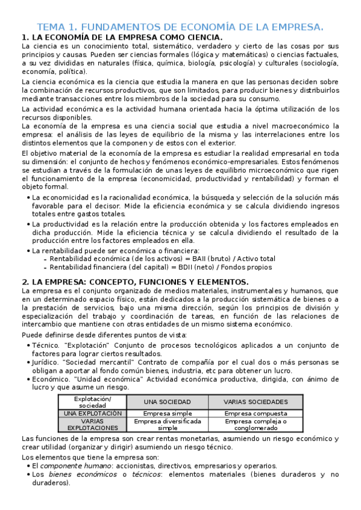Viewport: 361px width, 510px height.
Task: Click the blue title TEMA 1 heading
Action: [x=180, y=27]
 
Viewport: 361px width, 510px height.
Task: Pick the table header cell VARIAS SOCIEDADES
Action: [x=256, y=402]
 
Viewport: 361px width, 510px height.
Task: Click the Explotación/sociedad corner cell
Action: [x=92, y=402]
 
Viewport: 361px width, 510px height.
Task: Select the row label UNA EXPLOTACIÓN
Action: [x=92, y=413]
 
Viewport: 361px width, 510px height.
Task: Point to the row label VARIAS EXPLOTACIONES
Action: [x=92, y=425]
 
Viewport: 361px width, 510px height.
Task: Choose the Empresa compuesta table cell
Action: [x=256, y=413]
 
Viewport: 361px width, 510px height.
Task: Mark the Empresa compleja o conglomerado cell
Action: [x=256, y=425]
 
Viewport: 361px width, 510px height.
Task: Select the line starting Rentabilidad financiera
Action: [x=160, y=267]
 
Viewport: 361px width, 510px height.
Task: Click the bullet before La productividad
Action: [x=28, y=224]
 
